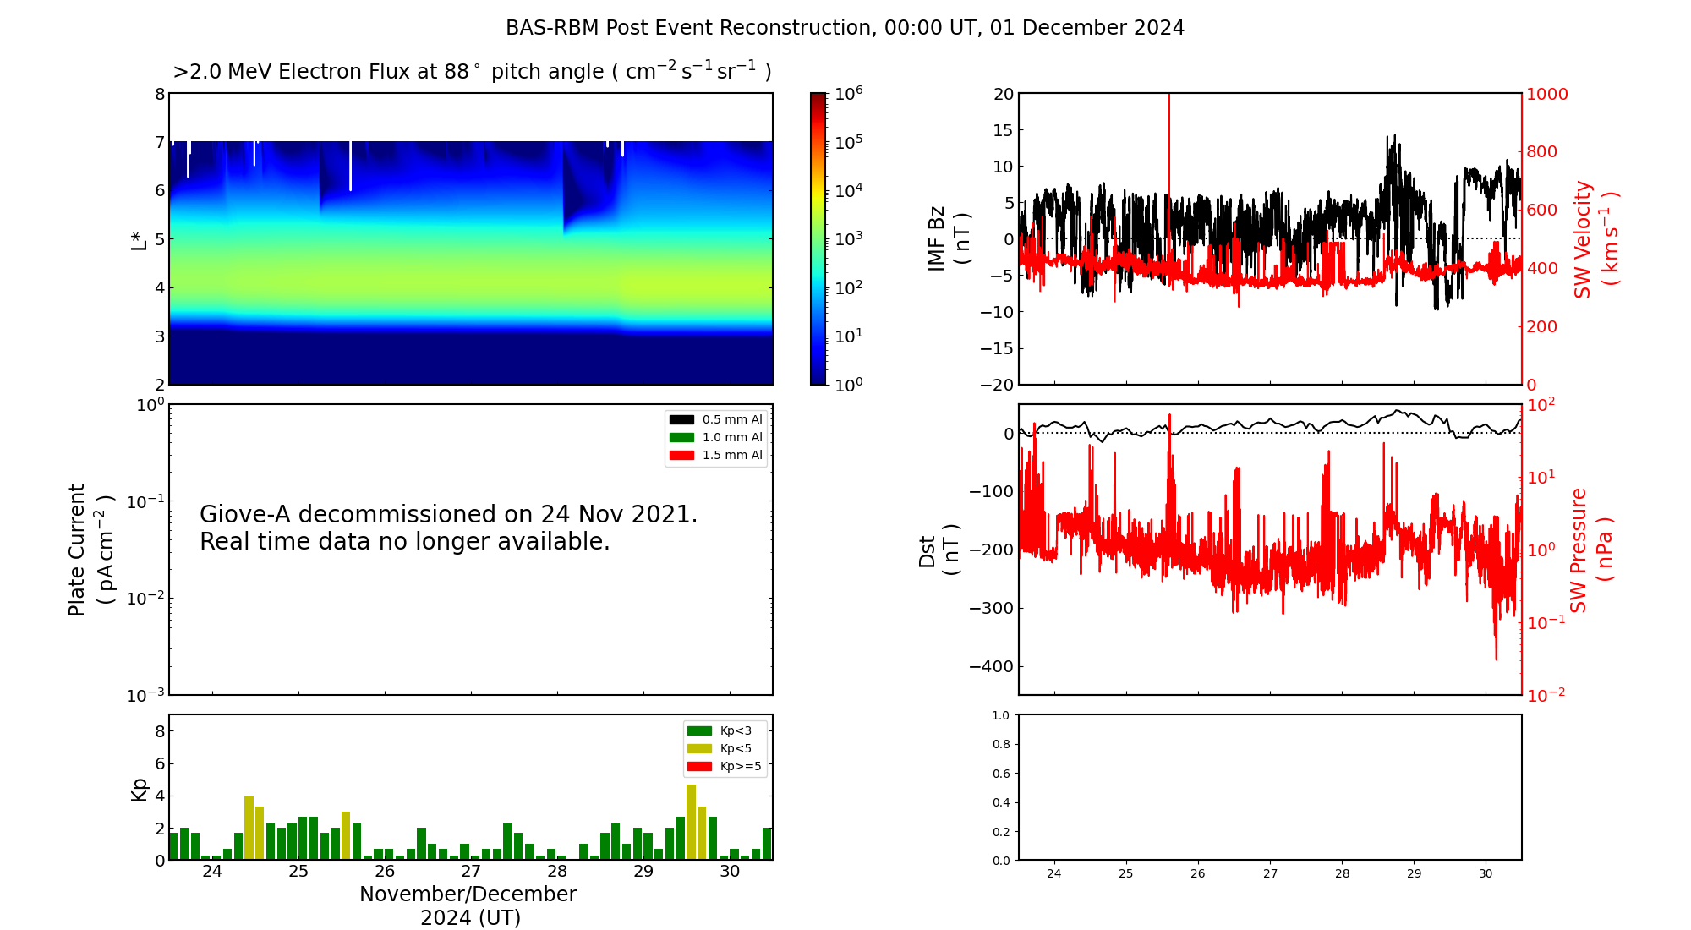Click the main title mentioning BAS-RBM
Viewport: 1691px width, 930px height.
point(845,28)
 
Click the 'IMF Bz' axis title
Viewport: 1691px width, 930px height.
point(937,238)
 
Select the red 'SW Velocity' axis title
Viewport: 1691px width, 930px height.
point(1583,239)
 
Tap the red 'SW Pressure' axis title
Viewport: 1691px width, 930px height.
point(1579,550)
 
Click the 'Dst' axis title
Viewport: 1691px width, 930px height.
point(928,550)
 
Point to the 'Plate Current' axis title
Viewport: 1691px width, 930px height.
point(77,550)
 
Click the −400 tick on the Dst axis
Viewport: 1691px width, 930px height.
point(991,666)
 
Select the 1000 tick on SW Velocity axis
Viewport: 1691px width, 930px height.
point(1546,94)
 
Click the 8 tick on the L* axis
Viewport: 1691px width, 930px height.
point(159,94)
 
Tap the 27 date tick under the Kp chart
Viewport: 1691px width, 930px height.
point(471,872)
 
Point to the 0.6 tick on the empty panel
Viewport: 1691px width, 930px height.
point(1000,774)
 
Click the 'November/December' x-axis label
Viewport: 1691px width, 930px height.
point(468,894)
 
